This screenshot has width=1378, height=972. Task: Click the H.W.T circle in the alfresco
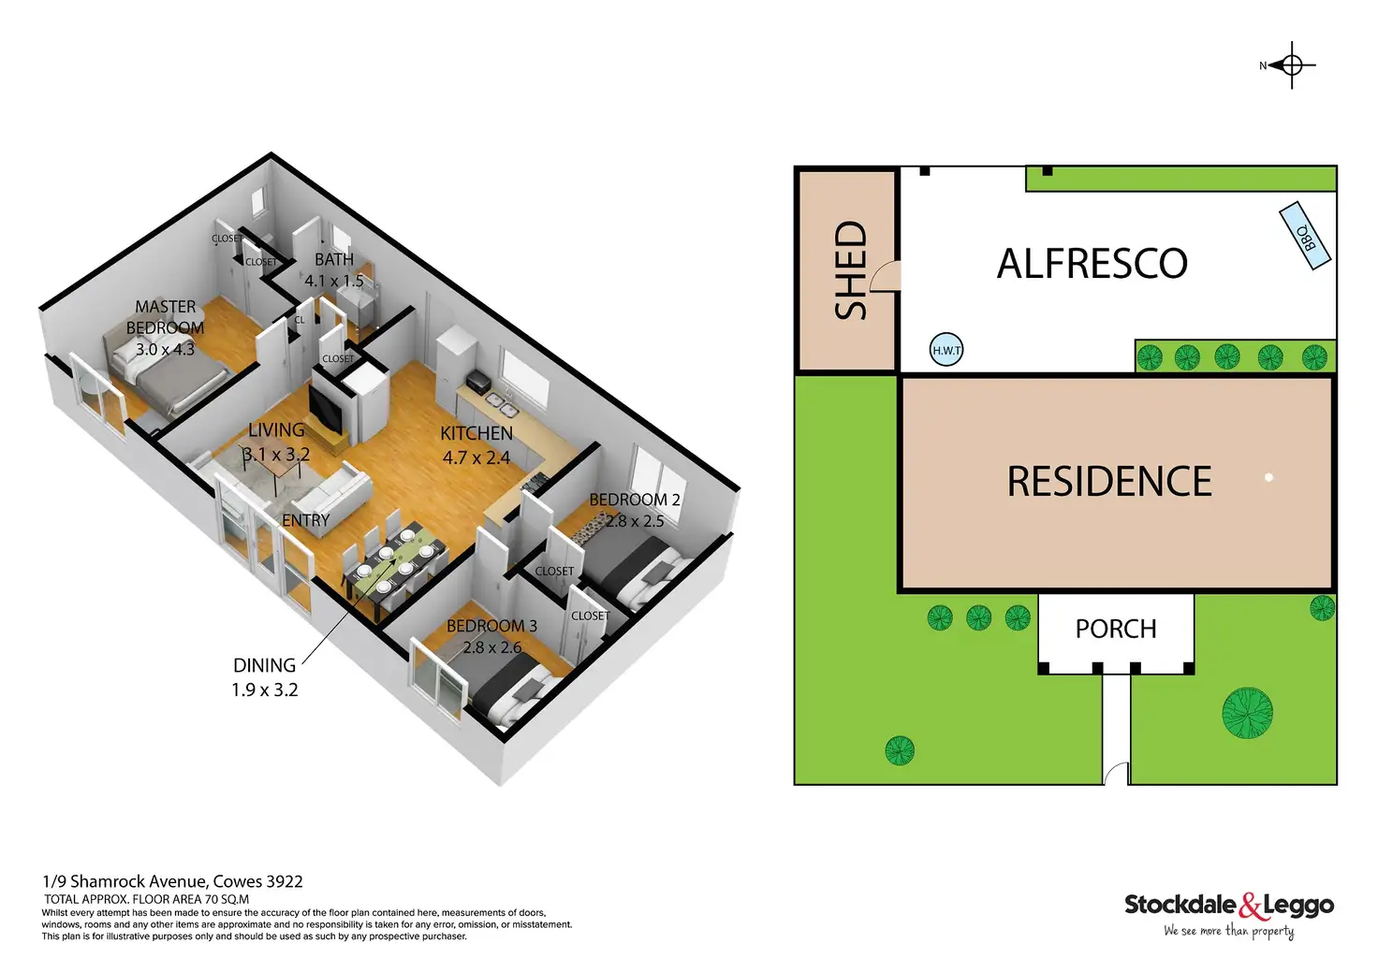pyautogui.click(x=946, y=351)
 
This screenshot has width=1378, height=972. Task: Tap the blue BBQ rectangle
pyautogui.click(x=1305, y=236)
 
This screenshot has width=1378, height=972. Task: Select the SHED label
pyautogui.click(x=850, y=270)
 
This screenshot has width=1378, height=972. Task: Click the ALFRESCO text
pyautogui.click(x=1092, y=264)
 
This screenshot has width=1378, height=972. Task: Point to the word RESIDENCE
pyautogui.click(x=1109, y=482)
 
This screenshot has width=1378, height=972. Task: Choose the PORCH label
pyautogui.click(x=1116, y=629)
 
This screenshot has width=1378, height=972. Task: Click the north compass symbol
pyautogui.click(x=1291, y=65)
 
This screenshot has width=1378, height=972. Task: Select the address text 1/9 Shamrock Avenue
pyautogui.click(x=172, y=881)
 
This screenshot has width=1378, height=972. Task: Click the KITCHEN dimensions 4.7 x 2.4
pyautogui.click(x=476, y=457)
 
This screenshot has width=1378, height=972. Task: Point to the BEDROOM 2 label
pyautogui.click(x=634, y=500)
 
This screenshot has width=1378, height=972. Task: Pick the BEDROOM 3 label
pyautogui.click(x=491, y=626)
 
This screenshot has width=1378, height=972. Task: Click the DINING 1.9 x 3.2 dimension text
pyautogui.click(x=265, y=689)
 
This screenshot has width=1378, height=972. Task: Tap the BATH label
pyautogui.click(x=334, y=259)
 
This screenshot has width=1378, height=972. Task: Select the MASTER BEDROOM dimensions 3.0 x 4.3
pyautogui.click(x=165, y=349)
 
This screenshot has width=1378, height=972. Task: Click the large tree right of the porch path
pyautogui.click(x=1247, y=713)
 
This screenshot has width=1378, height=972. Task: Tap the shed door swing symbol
pyautogui.click(x=885, y=277)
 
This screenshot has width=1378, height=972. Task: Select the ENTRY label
pyautogui.click(x=305, y=520)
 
